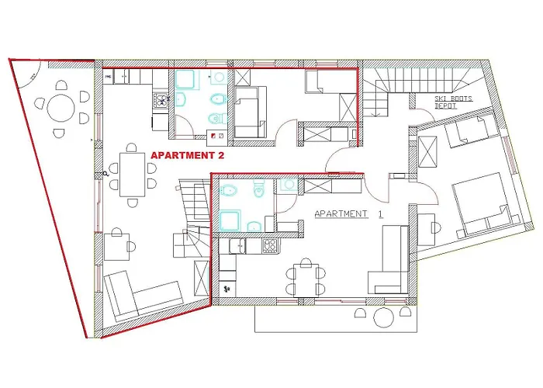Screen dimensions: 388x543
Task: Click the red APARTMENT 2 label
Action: tap(192, 156)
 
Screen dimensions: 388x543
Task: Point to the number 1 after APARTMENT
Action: tap(381, 213)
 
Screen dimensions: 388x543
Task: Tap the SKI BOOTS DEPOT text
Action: tap(456, 103)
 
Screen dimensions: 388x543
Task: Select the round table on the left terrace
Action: tap(61, 108)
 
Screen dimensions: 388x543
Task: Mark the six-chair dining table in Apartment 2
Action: tap(131, 172)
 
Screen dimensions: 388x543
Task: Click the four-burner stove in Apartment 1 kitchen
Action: tap(271, 246)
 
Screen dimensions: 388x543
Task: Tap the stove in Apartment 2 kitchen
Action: tap(161, 99)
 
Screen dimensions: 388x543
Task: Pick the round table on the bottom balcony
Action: tap(385, 317)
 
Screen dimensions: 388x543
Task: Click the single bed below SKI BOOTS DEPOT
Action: tap(470, 133)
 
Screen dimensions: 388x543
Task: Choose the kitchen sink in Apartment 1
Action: tap(240, 246)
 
